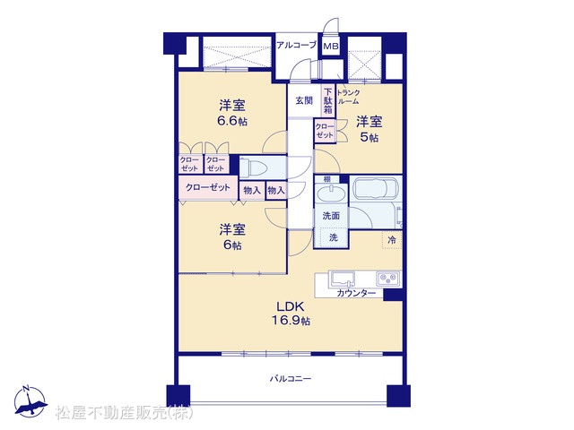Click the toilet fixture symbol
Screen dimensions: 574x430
pos(253,168)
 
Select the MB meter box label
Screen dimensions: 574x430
pos(331,47)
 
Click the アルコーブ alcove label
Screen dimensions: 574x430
pos(297,46)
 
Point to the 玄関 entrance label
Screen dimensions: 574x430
pos(304,100)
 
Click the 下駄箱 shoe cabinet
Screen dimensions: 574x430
pos(328,100)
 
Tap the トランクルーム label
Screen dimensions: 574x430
pos(348,97)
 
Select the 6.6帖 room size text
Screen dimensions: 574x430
pos(232,121)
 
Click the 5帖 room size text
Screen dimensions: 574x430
pos(370,138)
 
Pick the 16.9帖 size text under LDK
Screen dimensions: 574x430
pos(291,321)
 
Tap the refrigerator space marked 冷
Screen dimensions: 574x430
pos(392,240)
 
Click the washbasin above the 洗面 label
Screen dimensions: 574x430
pos(331,193)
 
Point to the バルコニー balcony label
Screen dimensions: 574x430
pos(291,378)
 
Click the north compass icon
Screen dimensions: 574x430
pos(30,402)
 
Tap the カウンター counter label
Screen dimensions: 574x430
pos(356,293)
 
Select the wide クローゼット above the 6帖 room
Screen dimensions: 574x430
pos(208,188)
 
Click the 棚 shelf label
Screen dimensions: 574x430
pos(326,179)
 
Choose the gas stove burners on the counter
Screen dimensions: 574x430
pos(388,279)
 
